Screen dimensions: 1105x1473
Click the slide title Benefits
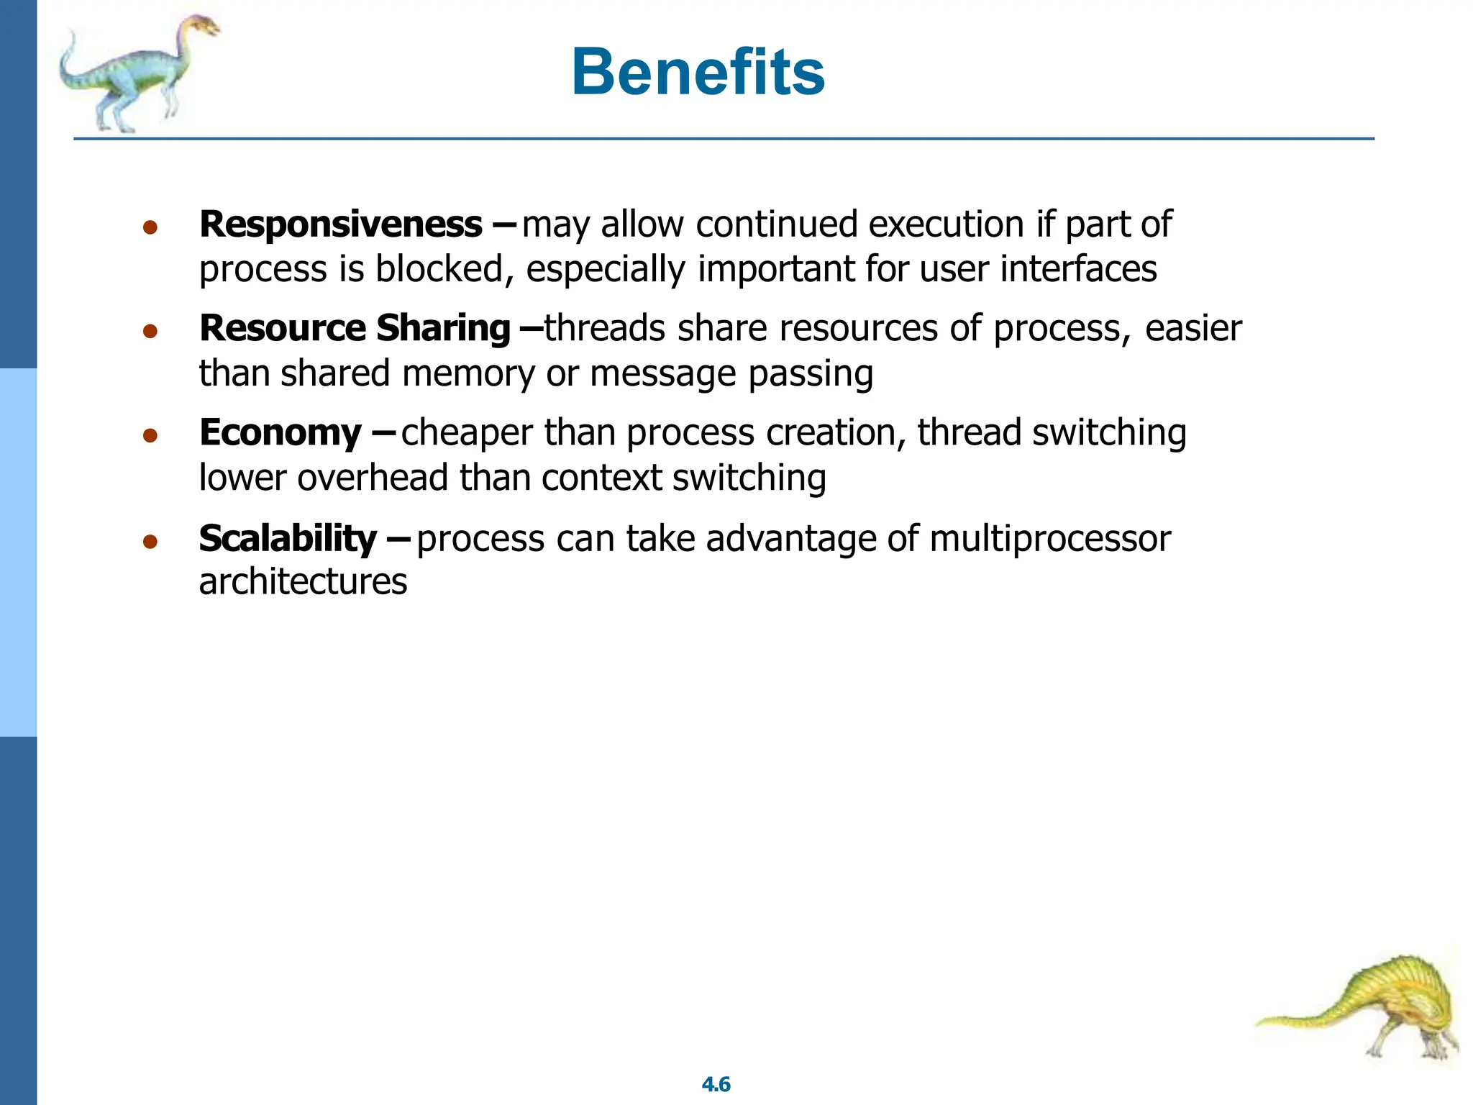(x=698, y=72)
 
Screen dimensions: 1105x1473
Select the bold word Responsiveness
(x=340, y=224)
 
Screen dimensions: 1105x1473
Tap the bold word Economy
(x=280, y=433)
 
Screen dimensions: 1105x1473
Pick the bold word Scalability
(x=287, y=538)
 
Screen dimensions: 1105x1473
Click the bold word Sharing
(x=443, y=329)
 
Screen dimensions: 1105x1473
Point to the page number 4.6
(x=716, y=1084)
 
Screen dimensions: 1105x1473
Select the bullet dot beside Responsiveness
(x=150, y=228)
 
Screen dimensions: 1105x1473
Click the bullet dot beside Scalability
(x=150, y=542)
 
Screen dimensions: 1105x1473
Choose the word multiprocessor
(x=1049, y=539)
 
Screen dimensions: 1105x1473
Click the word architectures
(x=303, y=581)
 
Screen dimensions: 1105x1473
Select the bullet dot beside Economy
(x=150, y=436)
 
